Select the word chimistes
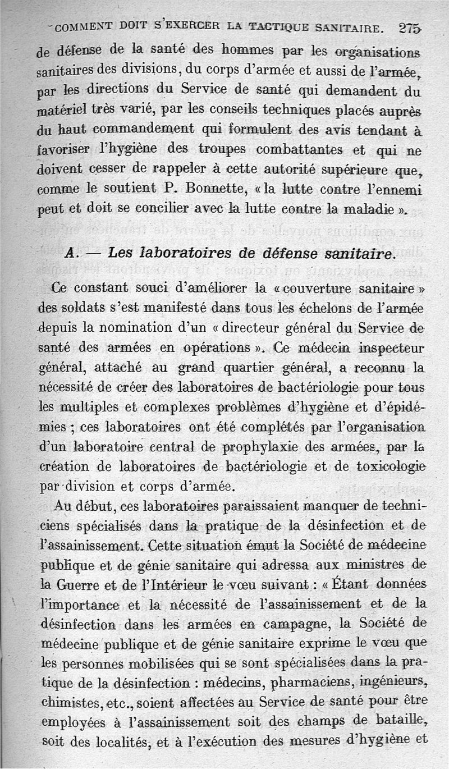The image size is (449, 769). (x=65, y=702)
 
